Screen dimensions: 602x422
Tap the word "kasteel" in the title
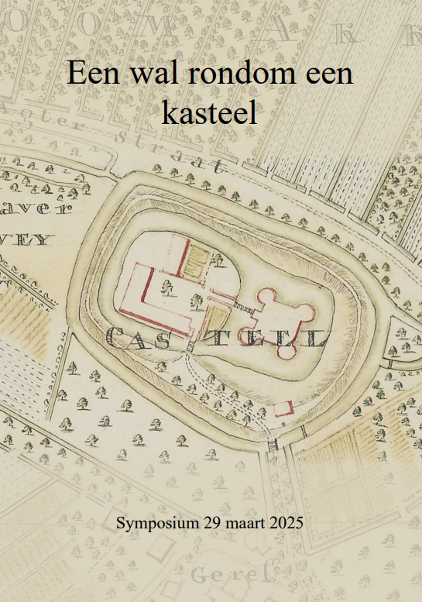pyautogui.click(x=209, y=113)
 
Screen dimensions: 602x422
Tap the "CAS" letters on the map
pyautogui.click(x=143, y=337)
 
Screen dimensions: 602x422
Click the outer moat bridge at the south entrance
pyautogui.click(x=272, y=445)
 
